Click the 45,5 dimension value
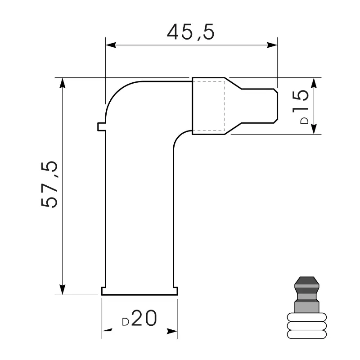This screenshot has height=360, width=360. pos(190,31)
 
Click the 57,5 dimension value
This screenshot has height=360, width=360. pos(49,184)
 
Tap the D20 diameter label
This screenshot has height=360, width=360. pos(139,318)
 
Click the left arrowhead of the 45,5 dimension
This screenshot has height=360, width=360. pos(111,45)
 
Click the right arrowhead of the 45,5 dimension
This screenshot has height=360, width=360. pos(272,45)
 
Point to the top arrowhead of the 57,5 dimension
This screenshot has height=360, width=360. pos(62,83)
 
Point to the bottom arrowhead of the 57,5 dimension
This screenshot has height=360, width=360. pos(62,289)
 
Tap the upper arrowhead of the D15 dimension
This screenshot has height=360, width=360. pos(314,83)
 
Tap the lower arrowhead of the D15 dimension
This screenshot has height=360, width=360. pos(314,129)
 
